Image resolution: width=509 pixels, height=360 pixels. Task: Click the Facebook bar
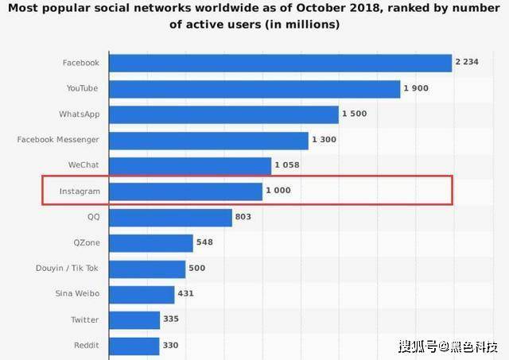click(x=281, y=63)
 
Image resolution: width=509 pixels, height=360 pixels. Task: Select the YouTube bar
click(x=254, y=89)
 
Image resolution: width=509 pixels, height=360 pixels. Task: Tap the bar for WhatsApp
click(x=224, y=114)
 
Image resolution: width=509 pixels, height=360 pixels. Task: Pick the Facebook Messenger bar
click(x=208, y=141)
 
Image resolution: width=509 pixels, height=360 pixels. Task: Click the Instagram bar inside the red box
click(x=185, y=192)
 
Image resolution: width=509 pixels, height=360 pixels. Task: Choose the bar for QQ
click(x=171, y=218)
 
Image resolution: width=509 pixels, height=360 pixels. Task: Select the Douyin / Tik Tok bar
click(x=147, y=269)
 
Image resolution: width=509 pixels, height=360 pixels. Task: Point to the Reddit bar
click(x=134, y=346)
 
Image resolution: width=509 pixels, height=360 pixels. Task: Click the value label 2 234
click(x=467, y=62)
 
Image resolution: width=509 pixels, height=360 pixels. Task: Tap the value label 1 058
click(x=287, y=165)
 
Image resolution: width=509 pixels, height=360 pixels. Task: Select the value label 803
click(x=243, y=217)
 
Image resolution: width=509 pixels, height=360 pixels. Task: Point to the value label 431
click(x=185, y=293)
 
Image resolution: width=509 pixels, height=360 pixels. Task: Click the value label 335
click(x=171, y=319)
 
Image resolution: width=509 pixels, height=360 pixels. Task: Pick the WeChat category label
click(x=84, y=165)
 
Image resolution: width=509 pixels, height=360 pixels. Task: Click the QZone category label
click(x=87, y=242)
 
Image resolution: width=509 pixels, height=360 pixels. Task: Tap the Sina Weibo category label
click(x=77, y=293)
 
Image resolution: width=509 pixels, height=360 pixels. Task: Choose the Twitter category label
click(x=85, y=319)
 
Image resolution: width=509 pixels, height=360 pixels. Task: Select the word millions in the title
click(x=312, y=25)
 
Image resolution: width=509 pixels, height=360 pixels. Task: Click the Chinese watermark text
click(x=449, y=346)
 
